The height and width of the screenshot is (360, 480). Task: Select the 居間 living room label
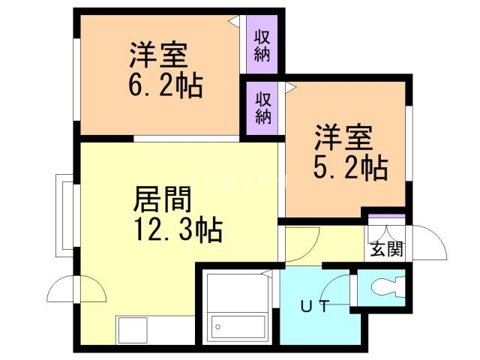(163, 199)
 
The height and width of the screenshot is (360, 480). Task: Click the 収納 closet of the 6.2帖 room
(262, 45)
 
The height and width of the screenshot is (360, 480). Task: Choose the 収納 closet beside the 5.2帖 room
(262, 107)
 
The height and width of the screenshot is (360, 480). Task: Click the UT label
(316, 306)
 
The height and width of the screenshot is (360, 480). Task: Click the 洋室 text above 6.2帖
(159, 55)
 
